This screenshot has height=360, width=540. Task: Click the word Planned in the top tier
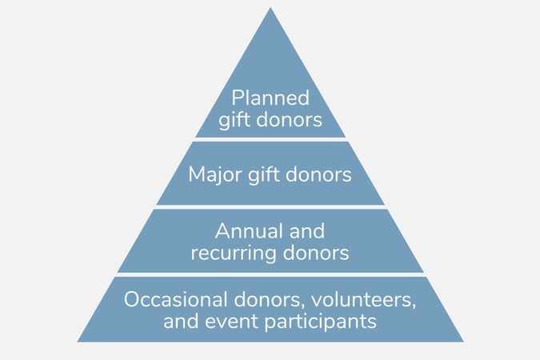click(x=270, y=98)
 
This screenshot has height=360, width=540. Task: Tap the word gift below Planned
click(x=235, y=120)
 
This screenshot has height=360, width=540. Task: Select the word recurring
click(x=234, y=254)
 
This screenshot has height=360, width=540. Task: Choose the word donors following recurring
click(x=316, y=253)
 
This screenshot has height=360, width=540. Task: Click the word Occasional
click(x=176, y=299)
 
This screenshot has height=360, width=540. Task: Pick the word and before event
click(x=181, y=321)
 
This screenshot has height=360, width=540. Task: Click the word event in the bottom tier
click(x=231, y=322)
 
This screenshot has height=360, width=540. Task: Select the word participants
click(x=320, y=322)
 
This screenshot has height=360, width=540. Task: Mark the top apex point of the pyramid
click(x=270, y=7)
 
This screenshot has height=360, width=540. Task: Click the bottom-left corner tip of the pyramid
click(x=78, y=342)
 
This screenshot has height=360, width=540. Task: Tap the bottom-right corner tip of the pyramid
click(x=463, y=342)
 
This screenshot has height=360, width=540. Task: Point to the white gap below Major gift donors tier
click(x=270, y=207)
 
